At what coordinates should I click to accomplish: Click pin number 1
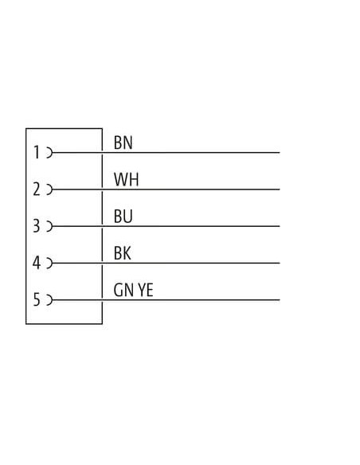(37, 152)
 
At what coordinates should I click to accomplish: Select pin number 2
(37, 190)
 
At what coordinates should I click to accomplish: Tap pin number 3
(36, 226)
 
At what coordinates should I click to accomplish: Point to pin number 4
(36, 263)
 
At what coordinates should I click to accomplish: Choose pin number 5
(36, 299)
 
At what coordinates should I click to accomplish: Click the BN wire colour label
(123, 143)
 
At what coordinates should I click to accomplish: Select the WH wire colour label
(126, 179)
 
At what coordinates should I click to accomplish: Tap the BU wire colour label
(123, 217)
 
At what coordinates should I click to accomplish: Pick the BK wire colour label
(122, 253)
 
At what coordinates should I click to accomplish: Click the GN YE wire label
(133, 290)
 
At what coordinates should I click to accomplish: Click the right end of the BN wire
(280, 153)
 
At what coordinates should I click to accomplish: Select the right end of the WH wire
(280, 190)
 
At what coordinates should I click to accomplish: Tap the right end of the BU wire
(280, 226)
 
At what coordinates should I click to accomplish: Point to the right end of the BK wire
(280, 263)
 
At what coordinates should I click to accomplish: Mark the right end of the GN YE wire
(280, 300)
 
